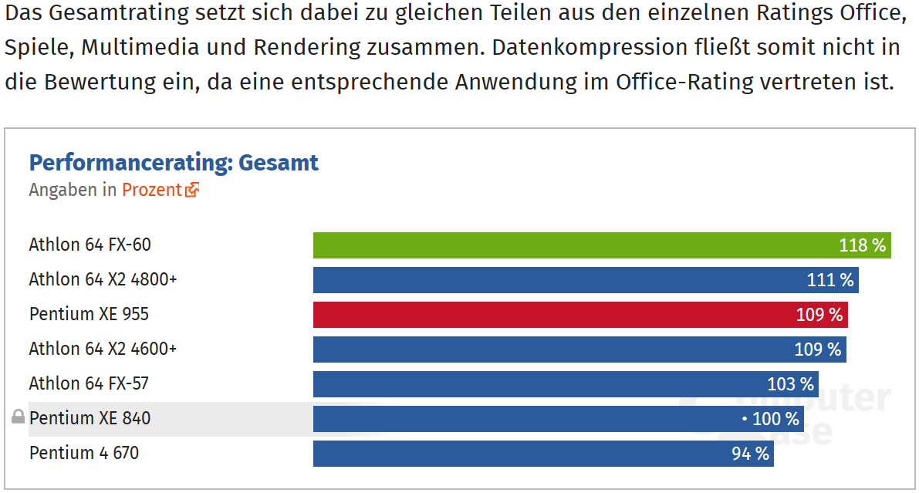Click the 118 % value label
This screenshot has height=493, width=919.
pos(863,245)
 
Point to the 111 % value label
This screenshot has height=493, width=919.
pos(830,280)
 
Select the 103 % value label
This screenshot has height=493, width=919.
pos(790,384)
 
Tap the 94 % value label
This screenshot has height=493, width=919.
pos(750,454)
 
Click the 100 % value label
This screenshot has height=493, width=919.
pos(775,419)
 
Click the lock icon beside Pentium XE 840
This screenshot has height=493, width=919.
pos(18,418)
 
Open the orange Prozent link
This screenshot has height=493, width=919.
pos(151,190)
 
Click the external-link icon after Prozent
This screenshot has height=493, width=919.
pos(192,190)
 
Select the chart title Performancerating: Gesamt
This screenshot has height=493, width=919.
pos(174,163)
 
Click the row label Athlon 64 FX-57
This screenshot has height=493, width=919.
pos(89,383)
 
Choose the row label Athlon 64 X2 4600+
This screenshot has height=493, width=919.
pos(103,349)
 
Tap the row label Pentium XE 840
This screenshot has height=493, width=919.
pos(90,418)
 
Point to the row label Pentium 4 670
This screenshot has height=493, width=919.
pos(84,453)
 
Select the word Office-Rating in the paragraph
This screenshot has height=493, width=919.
pos(684,82)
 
